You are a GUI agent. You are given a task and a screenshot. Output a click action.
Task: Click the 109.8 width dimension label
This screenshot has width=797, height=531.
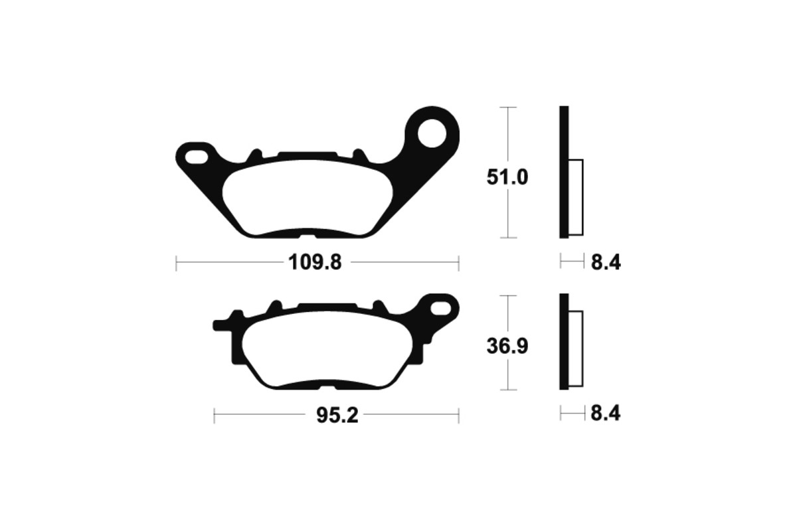[315, 263]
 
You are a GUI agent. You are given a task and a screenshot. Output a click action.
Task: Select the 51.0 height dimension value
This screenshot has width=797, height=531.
[508, 177]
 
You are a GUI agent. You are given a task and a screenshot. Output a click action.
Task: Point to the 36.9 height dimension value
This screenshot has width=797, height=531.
[508, 346]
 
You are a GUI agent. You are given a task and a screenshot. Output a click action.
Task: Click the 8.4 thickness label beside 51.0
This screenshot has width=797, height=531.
[605, 263]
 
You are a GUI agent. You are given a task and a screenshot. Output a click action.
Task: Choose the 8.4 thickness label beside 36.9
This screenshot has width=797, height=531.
[605, 414]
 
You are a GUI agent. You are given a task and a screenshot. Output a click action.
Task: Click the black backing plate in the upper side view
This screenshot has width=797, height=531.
[564, 173]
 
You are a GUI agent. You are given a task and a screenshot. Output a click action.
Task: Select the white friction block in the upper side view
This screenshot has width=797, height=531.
[576, 198]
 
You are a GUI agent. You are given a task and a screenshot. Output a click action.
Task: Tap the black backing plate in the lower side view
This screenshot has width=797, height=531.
[564, 342]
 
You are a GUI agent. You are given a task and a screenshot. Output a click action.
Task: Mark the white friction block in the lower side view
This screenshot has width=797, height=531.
[576, 349]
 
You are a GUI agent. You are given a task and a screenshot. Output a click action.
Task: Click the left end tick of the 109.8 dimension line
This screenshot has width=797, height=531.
[176, 264]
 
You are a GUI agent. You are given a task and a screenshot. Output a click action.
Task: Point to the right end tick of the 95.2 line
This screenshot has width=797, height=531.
[459, 416]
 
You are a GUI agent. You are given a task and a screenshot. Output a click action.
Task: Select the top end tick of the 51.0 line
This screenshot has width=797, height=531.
[508, 107]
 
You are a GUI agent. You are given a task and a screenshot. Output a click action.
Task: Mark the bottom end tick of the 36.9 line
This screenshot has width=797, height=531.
[508, 390]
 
